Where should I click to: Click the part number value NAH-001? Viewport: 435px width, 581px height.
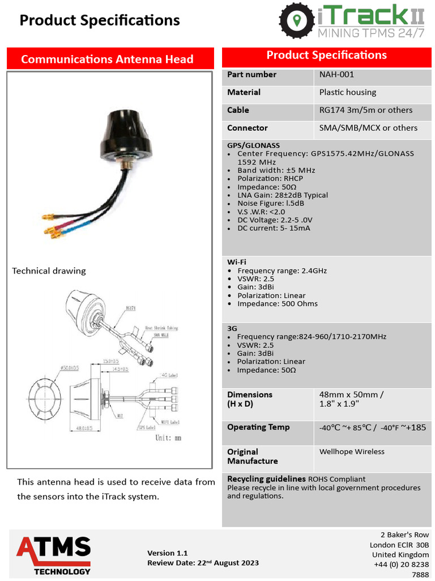click(x=336, y=74)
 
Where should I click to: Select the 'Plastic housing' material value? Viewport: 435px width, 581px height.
click(x=347, y=92)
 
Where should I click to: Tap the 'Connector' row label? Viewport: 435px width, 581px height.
click(x=247, y=128)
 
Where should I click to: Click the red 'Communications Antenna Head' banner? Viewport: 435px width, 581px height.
click(x=107, y=59)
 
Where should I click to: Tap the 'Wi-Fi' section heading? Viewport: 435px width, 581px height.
click(x=237, y=262)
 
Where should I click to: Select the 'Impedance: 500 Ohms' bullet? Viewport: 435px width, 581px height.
click(x=277, y=304)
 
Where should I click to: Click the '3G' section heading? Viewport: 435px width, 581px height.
click(x=232, y=328)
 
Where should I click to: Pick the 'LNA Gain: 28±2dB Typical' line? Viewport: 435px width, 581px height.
click(x=282, y=195)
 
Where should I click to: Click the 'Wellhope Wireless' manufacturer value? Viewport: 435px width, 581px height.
click(x=352, y=452)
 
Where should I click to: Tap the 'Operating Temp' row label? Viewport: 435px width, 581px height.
click(x=258, y=427)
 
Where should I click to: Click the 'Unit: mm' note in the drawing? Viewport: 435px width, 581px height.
click(x=168, y=437)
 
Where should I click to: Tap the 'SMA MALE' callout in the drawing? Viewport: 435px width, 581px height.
click(x=161, y=335)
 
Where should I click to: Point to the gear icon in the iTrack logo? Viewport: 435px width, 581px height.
click(x=297, y=20)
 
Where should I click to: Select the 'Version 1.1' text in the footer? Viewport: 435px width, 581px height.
click(x=167, y=553)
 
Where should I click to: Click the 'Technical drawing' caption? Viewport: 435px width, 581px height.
click(x=49, y=271)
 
